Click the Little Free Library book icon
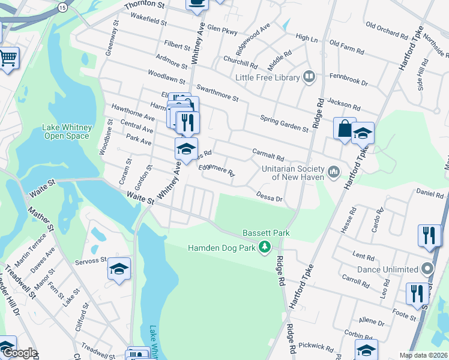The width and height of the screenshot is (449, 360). click(309, 76)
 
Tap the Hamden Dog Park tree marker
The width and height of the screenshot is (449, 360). click(264, 247)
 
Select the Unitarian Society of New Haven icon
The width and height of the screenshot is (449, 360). click(334, 173)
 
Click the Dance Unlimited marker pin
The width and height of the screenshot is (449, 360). click(427, 268)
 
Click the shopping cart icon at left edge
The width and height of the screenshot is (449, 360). click(8, 59)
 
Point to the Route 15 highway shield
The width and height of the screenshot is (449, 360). click(63, 7)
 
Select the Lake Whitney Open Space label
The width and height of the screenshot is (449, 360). click(66, 131)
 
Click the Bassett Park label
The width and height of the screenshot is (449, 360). click(266, 233)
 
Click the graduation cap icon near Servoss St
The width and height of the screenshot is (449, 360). click(119, 269)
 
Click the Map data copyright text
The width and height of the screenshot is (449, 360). click(424, 355)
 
